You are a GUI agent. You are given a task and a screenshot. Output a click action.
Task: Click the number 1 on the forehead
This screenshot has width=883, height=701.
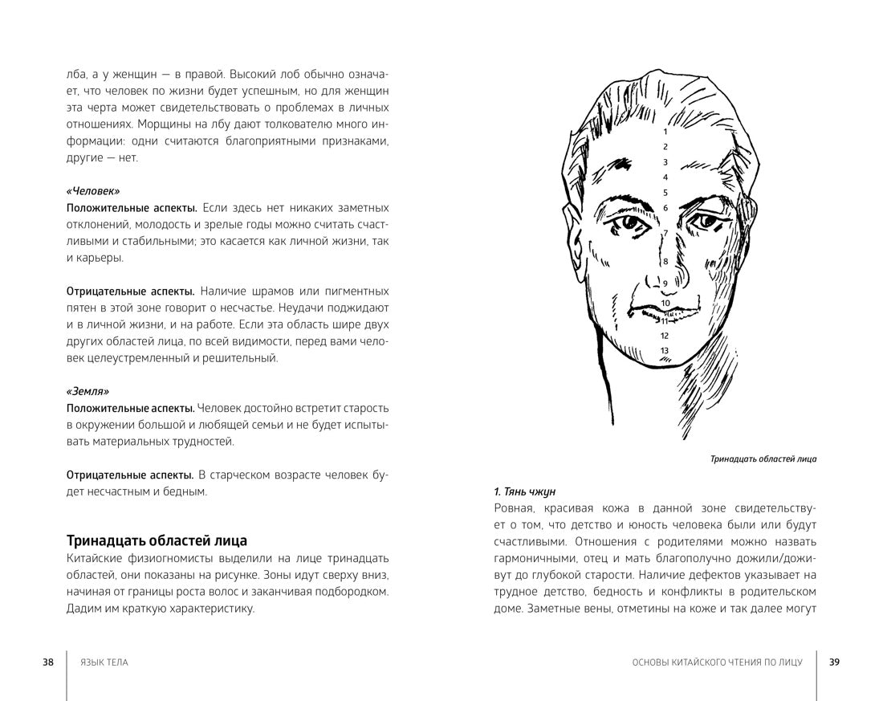665,131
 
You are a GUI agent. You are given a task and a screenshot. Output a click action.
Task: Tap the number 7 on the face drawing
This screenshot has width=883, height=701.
665,234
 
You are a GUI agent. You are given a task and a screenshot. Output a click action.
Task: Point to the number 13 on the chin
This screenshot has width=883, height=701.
665,351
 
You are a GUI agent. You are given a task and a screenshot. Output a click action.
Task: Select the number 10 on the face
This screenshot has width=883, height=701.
665,304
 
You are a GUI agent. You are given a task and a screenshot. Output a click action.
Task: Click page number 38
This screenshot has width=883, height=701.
48,662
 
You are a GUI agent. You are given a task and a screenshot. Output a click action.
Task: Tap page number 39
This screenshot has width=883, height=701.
834,662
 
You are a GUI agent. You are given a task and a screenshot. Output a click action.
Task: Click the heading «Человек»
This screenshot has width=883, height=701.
93,191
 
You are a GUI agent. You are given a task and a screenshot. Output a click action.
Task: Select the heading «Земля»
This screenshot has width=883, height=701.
87,392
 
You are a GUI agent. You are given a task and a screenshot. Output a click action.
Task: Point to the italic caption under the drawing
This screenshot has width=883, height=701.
763,459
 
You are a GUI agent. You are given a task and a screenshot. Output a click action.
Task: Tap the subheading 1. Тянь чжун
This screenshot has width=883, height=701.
524,491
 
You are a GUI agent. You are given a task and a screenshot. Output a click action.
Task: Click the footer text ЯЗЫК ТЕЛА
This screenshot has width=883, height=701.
104,662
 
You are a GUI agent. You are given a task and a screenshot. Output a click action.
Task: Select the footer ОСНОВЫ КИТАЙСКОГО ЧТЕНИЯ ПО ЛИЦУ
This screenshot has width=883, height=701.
717,662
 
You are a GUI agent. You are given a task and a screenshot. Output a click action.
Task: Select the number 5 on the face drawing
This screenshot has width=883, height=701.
665,193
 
